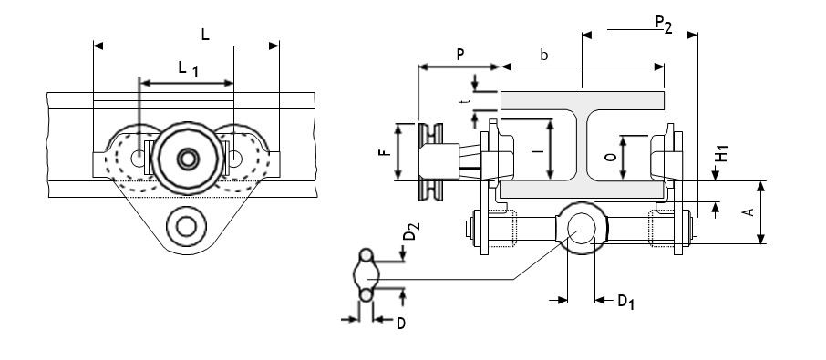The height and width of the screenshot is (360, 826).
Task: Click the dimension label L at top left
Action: [x=205, y=35]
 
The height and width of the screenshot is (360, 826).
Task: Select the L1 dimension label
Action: [x=188, y=69]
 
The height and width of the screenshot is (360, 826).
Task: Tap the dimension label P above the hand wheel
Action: [x=460, y=54]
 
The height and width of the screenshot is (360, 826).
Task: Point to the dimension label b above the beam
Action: [x=544, y=55]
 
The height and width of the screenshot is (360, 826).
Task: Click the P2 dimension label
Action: [x=665, y=25]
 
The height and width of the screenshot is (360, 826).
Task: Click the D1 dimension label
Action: [x=625, y=302]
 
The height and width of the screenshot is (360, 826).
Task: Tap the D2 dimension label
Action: [x=412, y=231]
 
